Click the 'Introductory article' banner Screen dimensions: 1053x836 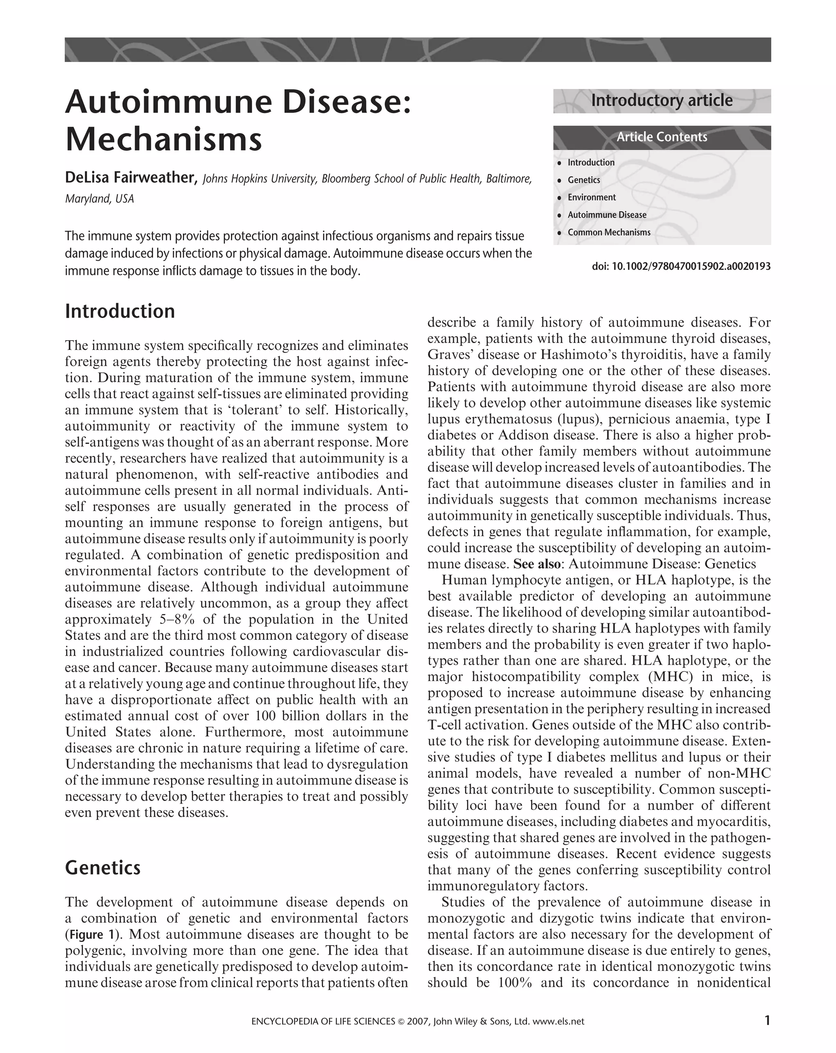[x=661, y=100]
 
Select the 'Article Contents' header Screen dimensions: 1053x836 [x=661, y=137]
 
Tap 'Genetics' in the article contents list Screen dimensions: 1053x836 [x=584, y=180]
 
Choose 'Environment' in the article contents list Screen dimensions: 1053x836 [x=591, y=197]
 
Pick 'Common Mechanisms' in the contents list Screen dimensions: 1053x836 [x=609, y=232]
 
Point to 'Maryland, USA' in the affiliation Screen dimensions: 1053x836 [x=99, y=199]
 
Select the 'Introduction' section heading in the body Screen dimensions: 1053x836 [x=120, y=311]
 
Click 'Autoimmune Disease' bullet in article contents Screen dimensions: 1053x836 [x=607, y=215]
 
